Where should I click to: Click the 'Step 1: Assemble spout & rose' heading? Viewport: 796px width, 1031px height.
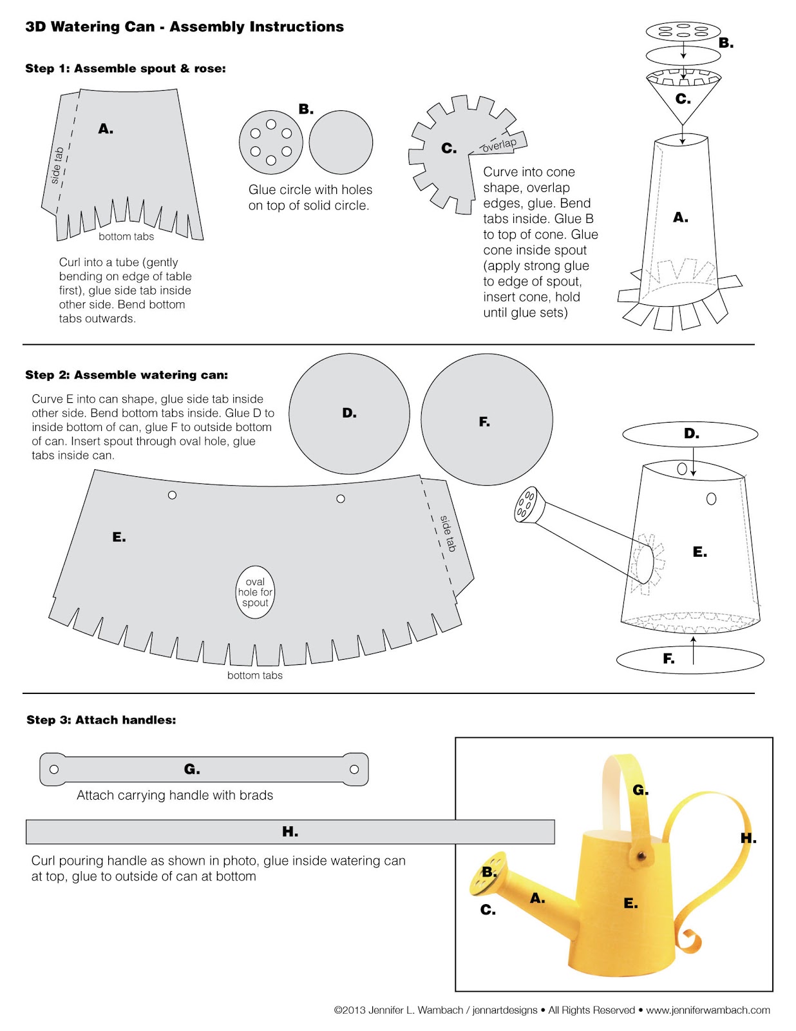coord(126,68)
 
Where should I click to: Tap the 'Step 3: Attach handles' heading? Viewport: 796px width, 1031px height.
coord(101,720)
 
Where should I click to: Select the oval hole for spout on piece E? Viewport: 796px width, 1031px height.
coord(255,592)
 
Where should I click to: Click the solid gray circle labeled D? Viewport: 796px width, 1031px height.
coord(350,414)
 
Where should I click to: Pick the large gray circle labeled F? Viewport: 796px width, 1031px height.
coord(487,419)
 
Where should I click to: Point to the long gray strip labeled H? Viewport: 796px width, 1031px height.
coord(290,831)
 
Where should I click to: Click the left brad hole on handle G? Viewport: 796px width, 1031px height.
coord(54,769)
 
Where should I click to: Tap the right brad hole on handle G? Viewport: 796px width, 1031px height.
coord(354,769)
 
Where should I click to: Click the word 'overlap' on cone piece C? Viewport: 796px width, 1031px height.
coord(498,145)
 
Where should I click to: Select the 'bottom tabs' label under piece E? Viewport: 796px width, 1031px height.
coord(254,675)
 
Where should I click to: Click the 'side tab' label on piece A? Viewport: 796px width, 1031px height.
coord(57,166)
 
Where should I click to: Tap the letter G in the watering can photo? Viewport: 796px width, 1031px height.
coord(641,790)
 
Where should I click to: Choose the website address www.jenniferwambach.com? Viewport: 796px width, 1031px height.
coord(708,1010)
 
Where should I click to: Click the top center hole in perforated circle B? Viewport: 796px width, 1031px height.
coord(270,124)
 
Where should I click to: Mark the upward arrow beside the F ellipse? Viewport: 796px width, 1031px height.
coord(693,650)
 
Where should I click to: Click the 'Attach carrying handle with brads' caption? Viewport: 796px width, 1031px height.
coord(175,795)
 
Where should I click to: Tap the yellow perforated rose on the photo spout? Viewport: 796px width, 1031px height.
coord(488,874)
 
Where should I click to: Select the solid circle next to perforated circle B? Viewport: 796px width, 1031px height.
coord(341,142)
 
